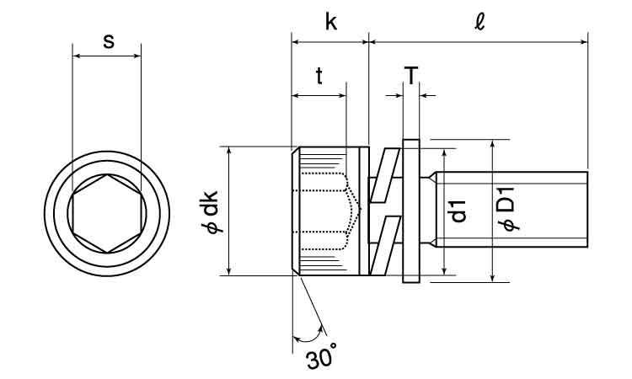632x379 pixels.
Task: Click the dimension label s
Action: (108, 40)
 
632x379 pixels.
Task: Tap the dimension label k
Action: (330, 22)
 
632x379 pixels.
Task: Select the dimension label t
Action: (319, 77)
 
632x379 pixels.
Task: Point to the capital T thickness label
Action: (410, 76)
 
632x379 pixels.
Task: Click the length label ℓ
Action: (479, 22)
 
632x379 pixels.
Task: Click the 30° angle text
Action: (321, 359)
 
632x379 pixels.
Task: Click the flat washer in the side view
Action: (411, 211)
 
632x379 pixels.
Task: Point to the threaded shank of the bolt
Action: (510, 211)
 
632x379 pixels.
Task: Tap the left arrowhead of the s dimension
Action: (77, 56)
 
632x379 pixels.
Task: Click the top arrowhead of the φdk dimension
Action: (228, 151)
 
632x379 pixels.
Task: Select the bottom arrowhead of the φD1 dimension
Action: (492, 277)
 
